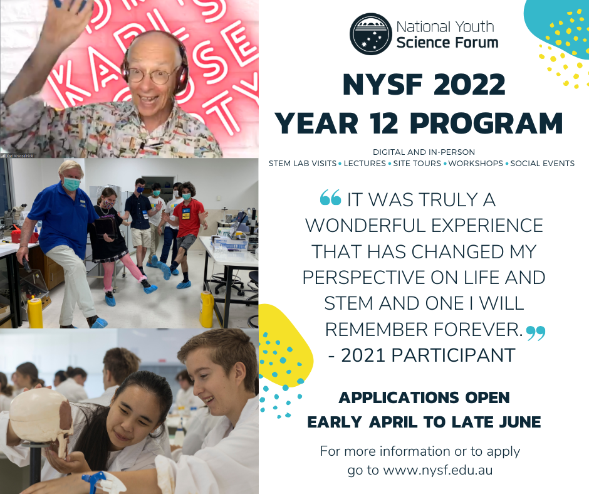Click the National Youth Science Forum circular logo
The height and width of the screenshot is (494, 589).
[x=371, y=34]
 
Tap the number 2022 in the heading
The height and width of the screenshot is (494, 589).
[x=469, y=84]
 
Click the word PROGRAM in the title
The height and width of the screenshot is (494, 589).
[x=486, y=124]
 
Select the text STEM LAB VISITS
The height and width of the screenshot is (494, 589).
[x=303, y=164]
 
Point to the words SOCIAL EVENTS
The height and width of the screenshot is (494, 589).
[x=542, y=164]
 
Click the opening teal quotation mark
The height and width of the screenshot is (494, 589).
[x=331, y=197]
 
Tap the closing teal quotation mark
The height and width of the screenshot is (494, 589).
[x=536, y=333]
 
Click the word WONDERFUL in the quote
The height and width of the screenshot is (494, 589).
[x=365, y=226]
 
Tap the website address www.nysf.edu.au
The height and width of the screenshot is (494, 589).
[x=437, y=470]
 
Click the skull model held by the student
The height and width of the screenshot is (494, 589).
[x=42, y=419]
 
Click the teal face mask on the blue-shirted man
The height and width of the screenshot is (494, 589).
[x=71, y=184]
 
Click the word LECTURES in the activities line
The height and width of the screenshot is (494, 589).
[x=365, y=164]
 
